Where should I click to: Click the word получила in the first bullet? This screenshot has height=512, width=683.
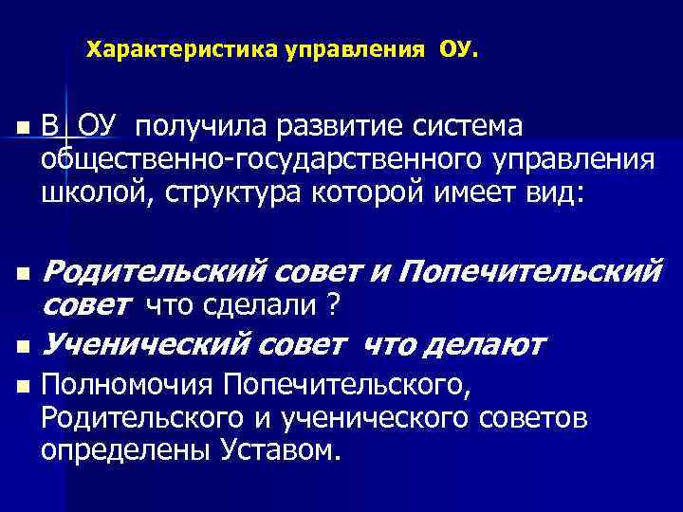point(199,126)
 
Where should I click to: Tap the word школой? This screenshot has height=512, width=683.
point(92,193)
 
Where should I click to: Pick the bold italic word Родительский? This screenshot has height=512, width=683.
point(155,273)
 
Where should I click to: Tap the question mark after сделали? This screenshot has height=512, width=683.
point(333,306)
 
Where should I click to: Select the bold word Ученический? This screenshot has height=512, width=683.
point(146,342)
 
